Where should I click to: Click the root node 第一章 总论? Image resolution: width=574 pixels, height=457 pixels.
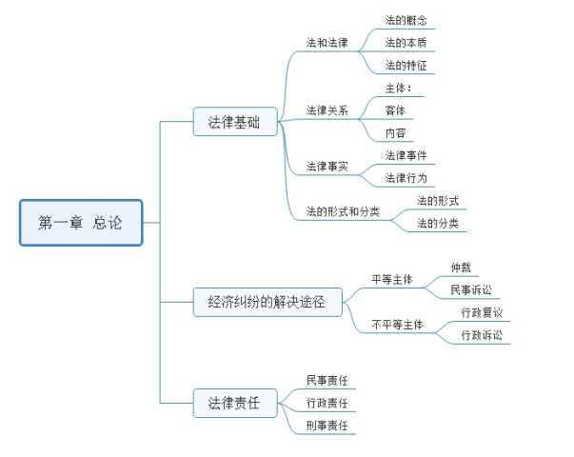pos(81,223)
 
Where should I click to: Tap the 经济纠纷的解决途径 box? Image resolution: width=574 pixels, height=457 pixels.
pos(267,302)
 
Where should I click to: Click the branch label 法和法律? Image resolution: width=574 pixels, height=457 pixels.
pos(327,44)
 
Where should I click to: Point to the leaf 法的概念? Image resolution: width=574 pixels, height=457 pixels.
pos(406,19)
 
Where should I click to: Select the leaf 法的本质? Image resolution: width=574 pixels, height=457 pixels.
pos(406,43)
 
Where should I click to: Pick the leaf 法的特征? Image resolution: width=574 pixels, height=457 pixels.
pos(406,67)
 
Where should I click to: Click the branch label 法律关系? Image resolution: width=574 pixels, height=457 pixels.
pos(327,110)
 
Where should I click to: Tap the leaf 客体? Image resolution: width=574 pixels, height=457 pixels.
pos(396,110)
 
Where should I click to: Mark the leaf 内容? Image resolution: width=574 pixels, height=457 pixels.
pos(396,133)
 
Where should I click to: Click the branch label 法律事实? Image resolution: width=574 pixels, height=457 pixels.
pos(327,167)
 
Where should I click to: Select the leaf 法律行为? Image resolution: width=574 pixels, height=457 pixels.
pos(406,178)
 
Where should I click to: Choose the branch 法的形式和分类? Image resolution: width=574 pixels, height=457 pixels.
pos(343,212)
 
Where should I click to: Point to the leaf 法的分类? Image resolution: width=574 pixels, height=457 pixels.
pos(438,224)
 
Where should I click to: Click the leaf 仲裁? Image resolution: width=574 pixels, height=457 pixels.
pos(462,268)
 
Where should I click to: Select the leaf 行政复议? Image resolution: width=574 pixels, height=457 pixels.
pos(482,312)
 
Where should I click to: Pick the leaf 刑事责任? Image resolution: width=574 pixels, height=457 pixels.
pos(327,426)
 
